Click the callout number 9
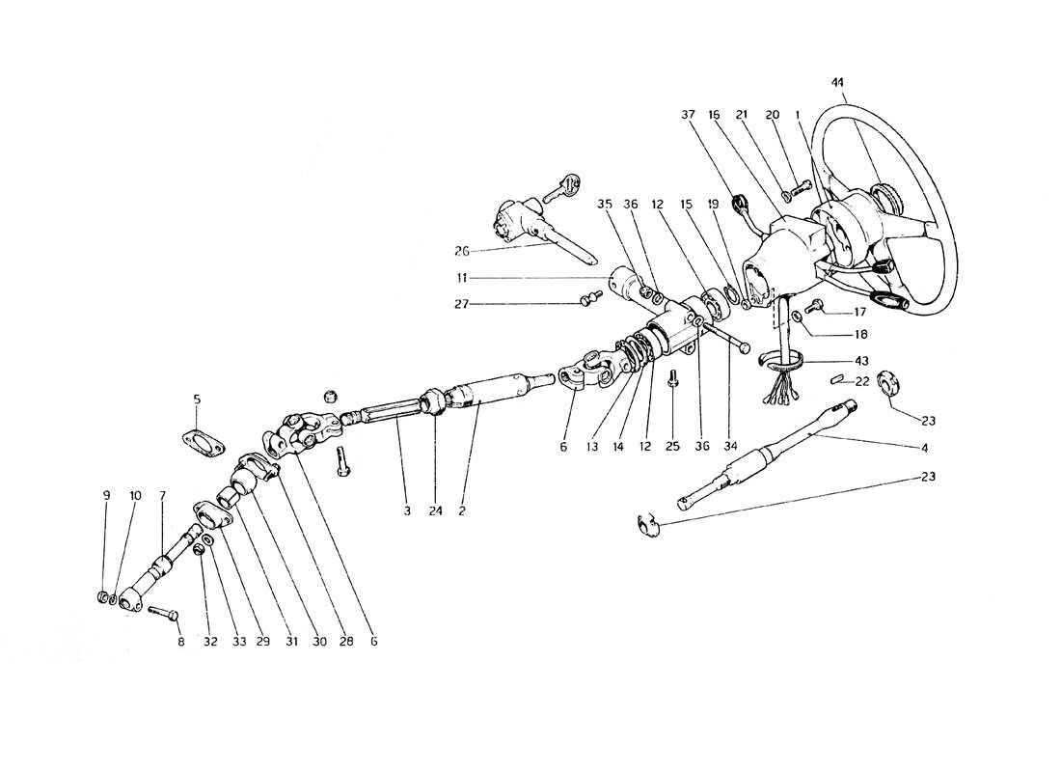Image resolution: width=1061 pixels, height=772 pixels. click(106, 495)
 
